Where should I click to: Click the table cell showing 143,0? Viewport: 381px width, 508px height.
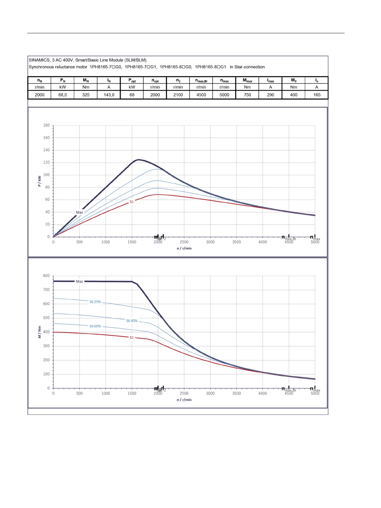click(109, 95)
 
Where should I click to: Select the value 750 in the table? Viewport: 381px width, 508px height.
click(247, 95)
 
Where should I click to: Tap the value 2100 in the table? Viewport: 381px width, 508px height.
click(178, 95)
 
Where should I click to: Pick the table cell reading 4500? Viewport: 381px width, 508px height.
click(201, 95)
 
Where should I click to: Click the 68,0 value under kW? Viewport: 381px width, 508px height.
click(63, 95)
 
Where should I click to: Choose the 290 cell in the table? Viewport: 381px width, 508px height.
click(271, 95)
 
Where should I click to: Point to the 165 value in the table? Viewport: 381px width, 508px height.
click(317, 95)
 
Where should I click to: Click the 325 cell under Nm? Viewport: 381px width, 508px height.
click(86, 95)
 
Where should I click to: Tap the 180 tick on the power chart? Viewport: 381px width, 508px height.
click(46, 125)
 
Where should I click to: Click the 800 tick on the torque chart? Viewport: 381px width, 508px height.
click(46, 276)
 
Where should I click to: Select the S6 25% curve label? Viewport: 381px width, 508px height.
click(95, 302)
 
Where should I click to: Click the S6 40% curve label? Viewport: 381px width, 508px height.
click(131, 321)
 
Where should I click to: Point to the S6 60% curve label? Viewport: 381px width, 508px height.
click(95, 326)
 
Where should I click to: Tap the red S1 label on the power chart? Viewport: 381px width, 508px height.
click(131, 202)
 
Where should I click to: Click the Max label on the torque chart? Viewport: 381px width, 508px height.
click(79, 281)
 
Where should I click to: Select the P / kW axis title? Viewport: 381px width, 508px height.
click(39, 181)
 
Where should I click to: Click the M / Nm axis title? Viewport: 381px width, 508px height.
click(39, 332)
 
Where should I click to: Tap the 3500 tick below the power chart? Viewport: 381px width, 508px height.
click(236, 242)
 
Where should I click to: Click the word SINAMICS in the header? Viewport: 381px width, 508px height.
click(39, 60)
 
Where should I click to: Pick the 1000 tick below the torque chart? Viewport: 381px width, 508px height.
click(106, 393)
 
